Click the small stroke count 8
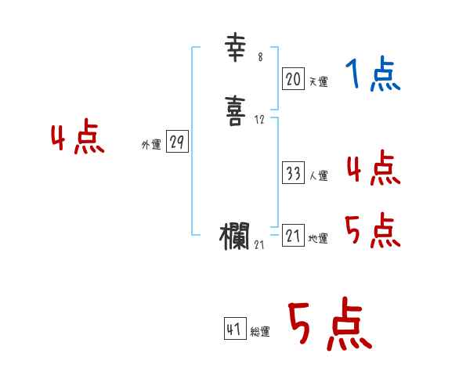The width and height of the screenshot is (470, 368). (x=260, y=57)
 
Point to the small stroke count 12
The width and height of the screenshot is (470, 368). (x=259, y=120)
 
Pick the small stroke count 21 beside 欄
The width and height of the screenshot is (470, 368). (x=260, y=244)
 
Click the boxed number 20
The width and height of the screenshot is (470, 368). (x=293, y=78)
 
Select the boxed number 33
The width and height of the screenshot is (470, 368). (x=293, y=174)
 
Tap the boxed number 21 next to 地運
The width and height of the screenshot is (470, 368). (x=293, y=236)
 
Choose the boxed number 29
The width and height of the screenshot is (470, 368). (x=177, y=142)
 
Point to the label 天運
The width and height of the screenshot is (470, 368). (x=318, y=81)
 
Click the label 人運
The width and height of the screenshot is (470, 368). (x=318, y=177)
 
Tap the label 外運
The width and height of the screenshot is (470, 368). (x=150, y=145)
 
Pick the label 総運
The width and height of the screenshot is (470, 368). (x=260, y=333)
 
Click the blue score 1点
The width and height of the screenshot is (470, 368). (x=373, y=75)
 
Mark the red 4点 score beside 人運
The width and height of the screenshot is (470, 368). (x=373, y=168)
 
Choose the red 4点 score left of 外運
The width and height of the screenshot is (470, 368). (x=77, y=139)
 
